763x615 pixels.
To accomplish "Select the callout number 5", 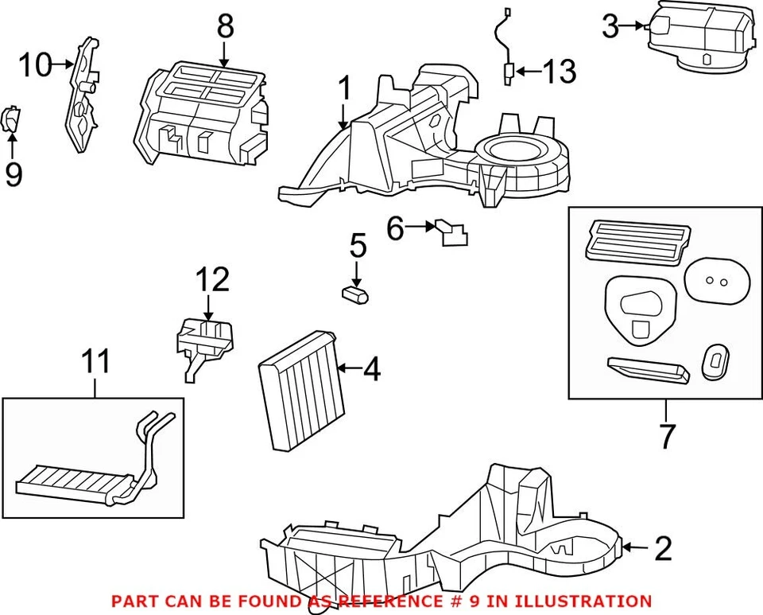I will [358, 246].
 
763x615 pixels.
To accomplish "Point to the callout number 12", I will [212, 279].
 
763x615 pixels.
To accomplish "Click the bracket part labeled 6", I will [451, 232].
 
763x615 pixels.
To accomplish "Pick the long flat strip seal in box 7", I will [648, 369].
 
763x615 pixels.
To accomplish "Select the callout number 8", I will [225, 27].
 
